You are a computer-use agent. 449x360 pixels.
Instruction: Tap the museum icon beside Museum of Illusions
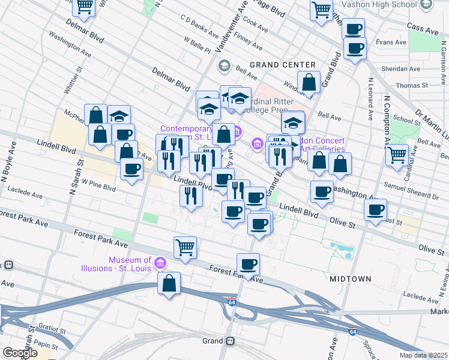pyautogui.click(x=160, y=263)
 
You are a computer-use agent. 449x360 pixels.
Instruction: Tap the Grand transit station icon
pyautogui.click(x=230, y=341)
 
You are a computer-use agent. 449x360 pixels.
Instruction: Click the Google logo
pyautogui.click(x=20, y=353)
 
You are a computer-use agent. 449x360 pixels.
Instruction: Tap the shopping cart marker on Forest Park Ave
pyautogui.click(x=185, y=246)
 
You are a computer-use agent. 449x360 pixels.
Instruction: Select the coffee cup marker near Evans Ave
pyautogui.click(x=355, y=48)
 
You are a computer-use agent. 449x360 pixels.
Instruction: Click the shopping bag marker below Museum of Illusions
pyautogui.click(x=169, y=283)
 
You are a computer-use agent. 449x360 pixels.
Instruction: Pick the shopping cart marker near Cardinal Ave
pyautogui.click(x=397, y=154)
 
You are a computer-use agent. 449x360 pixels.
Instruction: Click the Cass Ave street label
pyautogui.click(x=423, y=28)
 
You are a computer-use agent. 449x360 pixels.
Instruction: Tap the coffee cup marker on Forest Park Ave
pyautogui.click(x=248, y=263)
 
